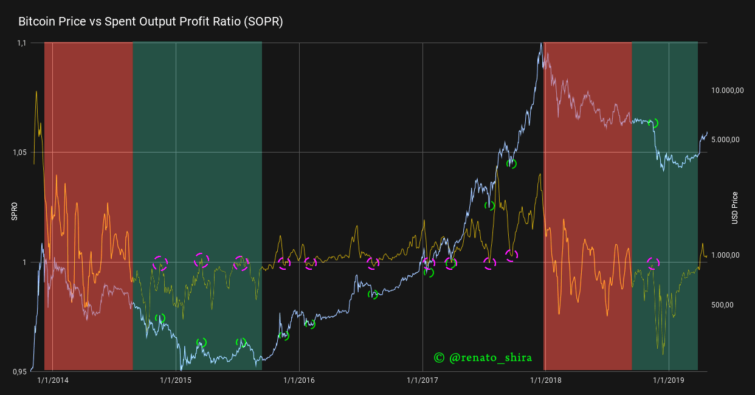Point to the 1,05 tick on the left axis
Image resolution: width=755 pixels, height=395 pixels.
21,153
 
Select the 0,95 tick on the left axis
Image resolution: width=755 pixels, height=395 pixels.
21,371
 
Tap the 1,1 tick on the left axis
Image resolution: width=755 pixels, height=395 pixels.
22,43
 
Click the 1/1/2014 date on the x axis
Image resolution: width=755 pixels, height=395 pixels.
53,380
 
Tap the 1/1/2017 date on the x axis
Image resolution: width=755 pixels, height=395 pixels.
422,380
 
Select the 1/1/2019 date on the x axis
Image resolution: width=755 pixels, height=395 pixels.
669,380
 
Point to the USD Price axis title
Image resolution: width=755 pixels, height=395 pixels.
734,208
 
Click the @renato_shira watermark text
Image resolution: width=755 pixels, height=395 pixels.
490,358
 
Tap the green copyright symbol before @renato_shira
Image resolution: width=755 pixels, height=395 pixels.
440,358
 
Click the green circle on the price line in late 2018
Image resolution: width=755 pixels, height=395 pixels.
653,123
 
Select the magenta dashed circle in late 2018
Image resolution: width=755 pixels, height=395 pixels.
653,263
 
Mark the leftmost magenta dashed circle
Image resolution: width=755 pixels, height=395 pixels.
160,263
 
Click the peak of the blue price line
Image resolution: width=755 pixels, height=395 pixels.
540,44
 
